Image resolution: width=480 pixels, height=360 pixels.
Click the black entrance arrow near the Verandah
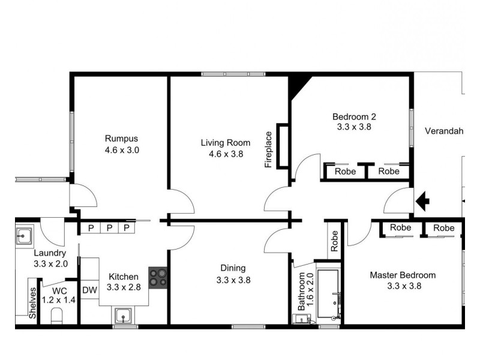click(423, 200)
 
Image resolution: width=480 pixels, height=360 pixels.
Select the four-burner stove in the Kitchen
click(158, 278)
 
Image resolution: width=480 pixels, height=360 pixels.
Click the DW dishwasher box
click(89, 290)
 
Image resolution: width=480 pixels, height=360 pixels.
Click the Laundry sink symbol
click(25, 235)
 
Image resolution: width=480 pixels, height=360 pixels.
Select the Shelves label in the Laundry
click(32, 302)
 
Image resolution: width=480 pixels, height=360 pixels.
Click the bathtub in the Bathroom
click(329, 295)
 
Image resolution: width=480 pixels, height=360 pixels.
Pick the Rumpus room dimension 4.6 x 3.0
click(122, 150)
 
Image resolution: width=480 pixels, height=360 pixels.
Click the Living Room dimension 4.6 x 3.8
click(226, 154)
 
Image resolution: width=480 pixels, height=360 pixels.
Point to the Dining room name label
click(233, 268)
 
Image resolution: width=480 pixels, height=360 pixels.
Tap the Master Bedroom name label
click(403, 275)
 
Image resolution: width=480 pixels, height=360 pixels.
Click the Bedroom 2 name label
click(354, 116)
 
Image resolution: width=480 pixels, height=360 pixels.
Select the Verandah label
click(444, 131)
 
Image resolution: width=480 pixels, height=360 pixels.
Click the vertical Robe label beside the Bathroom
click(334, 241)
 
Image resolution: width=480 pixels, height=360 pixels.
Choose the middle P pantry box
click(109, 227)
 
